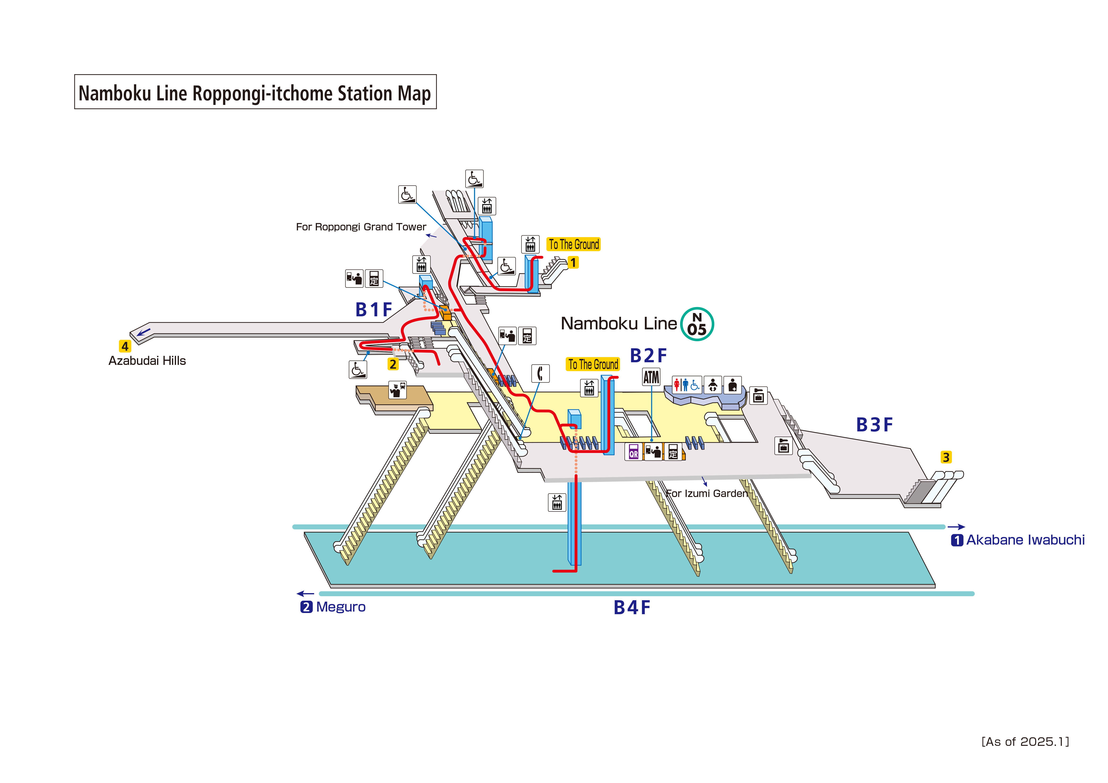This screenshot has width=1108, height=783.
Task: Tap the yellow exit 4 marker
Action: point(125,346)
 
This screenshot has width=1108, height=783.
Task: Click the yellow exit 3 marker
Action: point(946,457)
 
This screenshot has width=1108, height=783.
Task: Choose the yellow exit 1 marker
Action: point(573,262)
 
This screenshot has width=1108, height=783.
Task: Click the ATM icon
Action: point(651,377)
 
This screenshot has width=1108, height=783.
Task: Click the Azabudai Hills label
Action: point(147,361)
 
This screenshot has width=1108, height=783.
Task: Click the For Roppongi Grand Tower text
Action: point(361,227)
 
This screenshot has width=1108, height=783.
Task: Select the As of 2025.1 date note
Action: point(1025,742)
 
